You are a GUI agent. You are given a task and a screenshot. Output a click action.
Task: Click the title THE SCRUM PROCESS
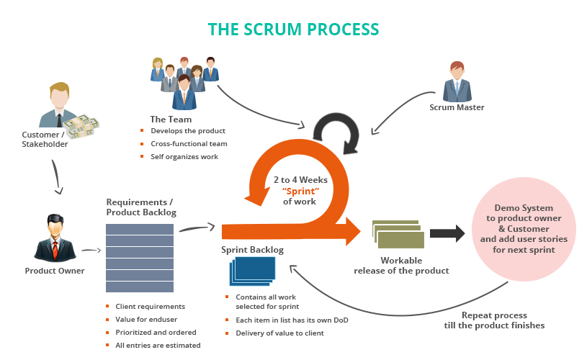pyautogui.click(x=293, y=29)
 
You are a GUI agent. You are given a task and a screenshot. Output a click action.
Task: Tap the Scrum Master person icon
pyautogui.click(x=457, y=81)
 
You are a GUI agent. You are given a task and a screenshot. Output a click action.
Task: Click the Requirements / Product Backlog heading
pyautogui.click(x=140, y=207)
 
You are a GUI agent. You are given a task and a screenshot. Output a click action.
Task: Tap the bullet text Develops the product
pyautogui.click(x=188, y=131)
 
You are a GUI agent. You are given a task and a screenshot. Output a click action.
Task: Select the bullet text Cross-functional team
pyautogui.click(x=189, y=144)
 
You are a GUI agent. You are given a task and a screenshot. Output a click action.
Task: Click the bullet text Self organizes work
pyautogui.click(x=184, y=157)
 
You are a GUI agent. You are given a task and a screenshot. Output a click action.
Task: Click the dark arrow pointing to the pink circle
pyautogui.click(x=447, y=233)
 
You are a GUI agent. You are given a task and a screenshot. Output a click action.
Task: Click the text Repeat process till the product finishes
pyautogui.click(x=494, y=320)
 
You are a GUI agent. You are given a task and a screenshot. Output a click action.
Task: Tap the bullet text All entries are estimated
pyautogui.click(x=158, y=346)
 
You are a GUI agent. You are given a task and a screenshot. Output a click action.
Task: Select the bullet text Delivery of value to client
pyautogui.click(x=279, y=333)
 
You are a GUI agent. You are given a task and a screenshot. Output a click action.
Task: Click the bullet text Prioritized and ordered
pyautogui.click(x=156, y=333)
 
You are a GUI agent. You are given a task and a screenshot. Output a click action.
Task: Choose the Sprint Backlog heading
pyautogui.click(x=252, y=250)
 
